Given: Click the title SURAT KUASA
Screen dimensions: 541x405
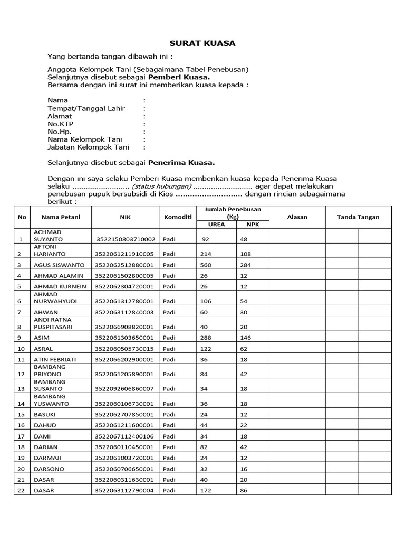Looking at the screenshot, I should (202, 43).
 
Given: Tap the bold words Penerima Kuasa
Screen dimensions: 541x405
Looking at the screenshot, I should (181, 163).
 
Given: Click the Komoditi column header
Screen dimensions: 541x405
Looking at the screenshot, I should (177, 217).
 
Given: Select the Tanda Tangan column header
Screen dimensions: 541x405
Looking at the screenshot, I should (358, 217).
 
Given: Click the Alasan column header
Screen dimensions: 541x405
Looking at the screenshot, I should (297, 217).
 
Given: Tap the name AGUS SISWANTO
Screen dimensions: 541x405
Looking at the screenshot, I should (59, 265).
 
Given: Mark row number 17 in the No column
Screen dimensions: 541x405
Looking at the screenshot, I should (21, 436).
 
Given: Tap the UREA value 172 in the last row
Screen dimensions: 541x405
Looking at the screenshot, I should (205, 491).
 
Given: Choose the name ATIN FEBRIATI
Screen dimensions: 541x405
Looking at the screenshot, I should (56, 359).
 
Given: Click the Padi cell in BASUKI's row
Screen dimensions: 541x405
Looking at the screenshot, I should (169, 414).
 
